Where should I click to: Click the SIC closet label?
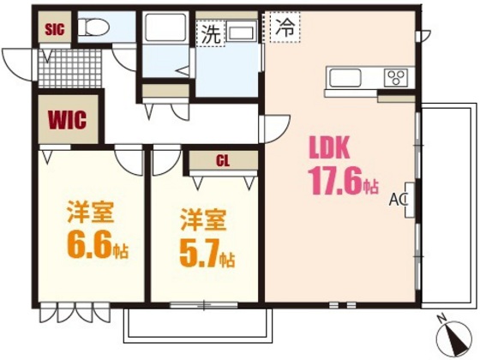tap(55, 27)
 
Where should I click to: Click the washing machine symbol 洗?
tap(211, 34)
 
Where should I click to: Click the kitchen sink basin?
tap(347, 78)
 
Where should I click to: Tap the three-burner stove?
tap(397, 77)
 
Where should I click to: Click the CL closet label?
tap(222, 161)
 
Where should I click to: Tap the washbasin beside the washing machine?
tap(243, 34)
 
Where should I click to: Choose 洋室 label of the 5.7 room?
tap(203, 218)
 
